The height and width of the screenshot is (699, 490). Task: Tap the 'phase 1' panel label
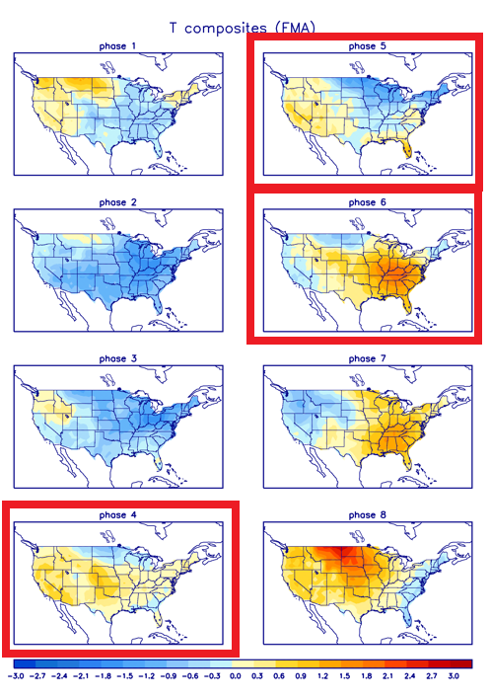click(x=119, y=46)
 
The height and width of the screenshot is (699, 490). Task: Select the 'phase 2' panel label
click(x=119, y=202)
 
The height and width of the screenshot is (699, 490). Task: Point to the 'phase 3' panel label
click(x=119, y=358)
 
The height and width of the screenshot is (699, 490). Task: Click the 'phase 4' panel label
click(x=119, y=514)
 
